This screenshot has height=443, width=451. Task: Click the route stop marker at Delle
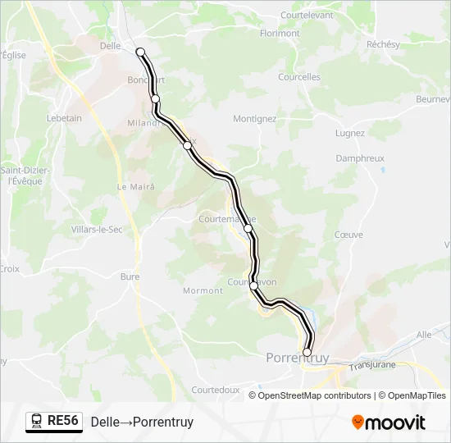tap(140, 52)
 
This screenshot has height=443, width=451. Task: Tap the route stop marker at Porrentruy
tap(307, 353)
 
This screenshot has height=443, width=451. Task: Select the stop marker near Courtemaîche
tap(248, 228)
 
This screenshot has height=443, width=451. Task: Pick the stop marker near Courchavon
tap(254, 285)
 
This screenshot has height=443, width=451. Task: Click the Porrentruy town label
tap(298, 359)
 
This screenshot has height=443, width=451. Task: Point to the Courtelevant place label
tap(307, 15)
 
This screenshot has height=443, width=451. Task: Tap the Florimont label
tap(280, 34)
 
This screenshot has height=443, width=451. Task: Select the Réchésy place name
tap(382, 43)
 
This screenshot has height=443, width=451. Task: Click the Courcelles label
tap(299, 77)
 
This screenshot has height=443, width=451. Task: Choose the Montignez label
tap(254, 118)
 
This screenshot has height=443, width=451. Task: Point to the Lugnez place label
tap(350, 133)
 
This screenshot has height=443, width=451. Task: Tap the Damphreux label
tap(360, 159)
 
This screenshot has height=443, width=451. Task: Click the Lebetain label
tap(64, 118)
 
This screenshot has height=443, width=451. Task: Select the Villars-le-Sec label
tap(97, 229)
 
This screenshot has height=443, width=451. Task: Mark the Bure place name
tap(130, 276)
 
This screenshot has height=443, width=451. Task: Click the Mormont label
tap(203, 290)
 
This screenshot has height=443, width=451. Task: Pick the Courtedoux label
tap(215, 390)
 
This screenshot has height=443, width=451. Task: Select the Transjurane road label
tap(372, 364)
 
